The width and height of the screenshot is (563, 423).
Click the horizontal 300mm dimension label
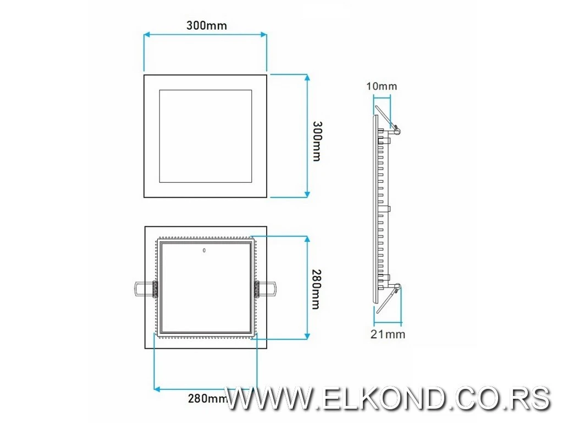(206, 25)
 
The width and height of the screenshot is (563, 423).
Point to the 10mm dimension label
(382, 86)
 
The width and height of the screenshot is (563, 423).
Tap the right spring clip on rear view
(266, 288)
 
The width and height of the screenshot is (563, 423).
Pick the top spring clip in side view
(388, 118)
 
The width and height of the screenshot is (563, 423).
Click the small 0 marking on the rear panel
(204, 251)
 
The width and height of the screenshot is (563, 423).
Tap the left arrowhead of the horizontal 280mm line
(157, 389)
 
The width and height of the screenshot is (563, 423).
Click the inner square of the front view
(206, 135)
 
